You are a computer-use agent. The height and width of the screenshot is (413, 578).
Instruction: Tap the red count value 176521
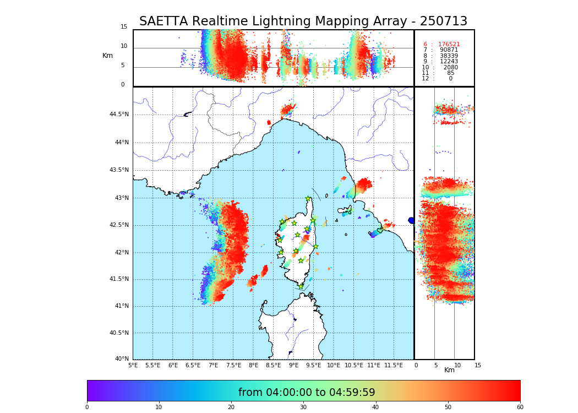click(x=449, y=45)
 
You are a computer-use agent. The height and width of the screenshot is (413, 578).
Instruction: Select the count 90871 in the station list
click(x=449, y=50)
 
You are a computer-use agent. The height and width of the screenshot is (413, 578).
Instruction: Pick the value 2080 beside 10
click(x=450, y=68)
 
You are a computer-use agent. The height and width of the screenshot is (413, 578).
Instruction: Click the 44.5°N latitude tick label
click(x=119, y=115)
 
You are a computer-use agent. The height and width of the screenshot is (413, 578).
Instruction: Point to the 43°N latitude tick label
click(x=119, y=198)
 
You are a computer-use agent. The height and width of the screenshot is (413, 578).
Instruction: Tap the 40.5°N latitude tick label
click(x=119, y=333)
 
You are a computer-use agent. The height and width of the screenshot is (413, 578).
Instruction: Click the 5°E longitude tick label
click(x=133, y=365)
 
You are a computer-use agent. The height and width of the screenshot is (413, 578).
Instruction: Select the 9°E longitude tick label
click(x=294, y=365)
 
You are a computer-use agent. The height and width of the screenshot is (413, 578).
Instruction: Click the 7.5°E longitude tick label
click(x=233, y=365)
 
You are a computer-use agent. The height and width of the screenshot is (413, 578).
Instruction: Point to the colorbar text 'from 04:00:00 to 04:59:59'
click(x=307, y=393)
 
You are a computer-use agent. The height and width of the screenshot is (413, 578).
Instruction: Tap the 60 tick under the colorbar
click(x=520, y=407)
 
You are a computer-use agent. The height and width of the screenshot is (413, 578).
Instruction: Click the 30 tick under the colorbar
click(x=303, y=407)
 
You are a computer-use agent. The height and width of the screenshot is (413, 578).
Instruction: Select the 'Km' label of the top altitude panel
click(x=107, y=56)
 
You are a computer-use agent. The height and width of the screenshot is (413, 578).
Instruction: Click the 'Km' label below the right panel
click(x=449, y=370)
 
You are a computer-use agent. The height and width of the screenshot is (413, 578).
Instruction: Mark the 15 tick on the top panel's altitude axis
click(x=124, y=27)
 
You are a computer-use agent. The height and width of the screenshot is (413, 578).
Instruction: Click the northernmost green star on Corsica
click(x=308, y=199)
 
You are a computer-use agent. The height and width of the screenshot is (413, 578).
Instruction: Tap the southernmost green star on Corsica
click(x=301, y=286)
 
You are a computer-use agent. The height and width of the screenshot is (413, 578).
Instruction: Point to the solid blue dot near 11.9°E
click(x=411, y=220)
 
